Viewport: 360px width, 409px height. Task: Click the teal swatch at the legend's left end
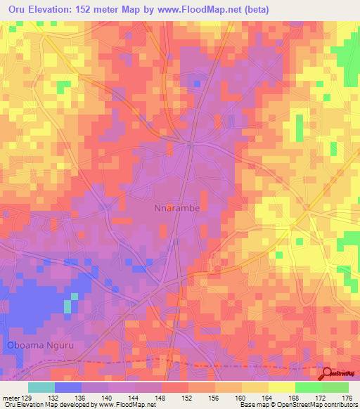pyautogui.click(x=41, y=387)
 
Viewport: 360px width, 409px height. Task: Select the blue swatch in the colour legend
pyautogui.click(x=67, y=387)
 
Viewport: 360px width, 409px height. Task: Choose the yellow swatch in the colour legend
pyautogui.click(x=281, y=387)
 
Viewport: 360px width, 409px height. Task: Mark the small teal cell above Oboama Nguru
pyautogui.click(x=68, y=306)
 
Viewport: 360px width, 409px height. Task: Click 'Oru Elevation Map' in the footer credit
pyautogui.click(x=28, y=405)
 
